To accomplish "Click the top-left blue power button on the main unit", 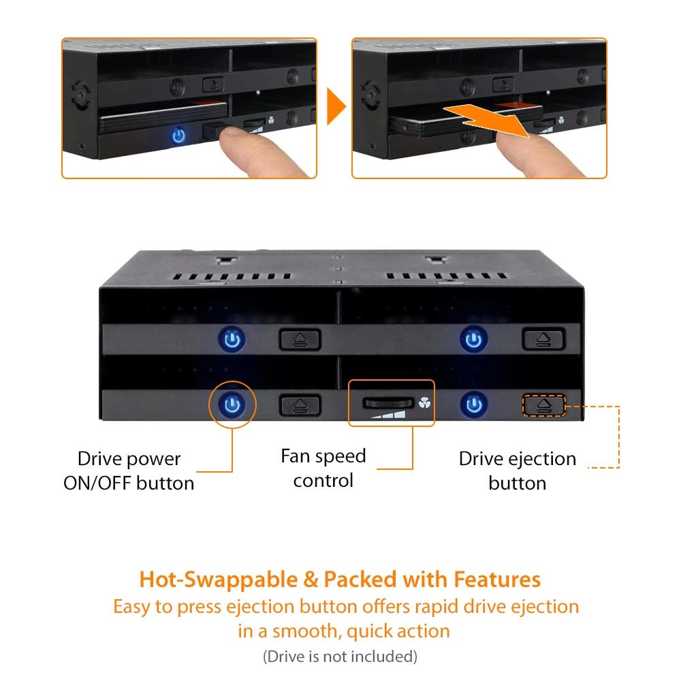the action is click(232, 338).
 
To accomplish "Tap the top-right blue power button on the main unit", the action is click(473, 338).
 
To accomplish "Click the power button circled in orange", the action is click(232, 405).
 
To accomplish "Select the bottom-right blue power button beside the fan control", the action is click(474, 405).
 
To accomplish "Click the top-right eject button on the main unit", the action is click(543, 339).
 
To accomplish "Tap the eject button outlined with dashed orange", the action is click(543, 406).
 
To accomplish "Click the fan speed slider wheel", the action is click(388, 403).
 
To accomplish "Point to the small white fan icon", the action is click(424, 403).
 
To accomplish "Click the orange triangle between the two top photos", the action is click(336, 106).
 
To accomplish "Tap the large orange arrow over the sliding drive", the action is click(486, 119).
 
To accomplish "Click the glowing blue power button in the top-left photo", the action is click(178, 136).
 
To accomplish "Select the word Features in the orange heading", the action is click(497, 579).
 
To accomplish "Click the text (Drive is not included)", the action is click(340, 656).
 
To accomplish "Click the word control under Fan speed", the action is click(323, 480).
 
